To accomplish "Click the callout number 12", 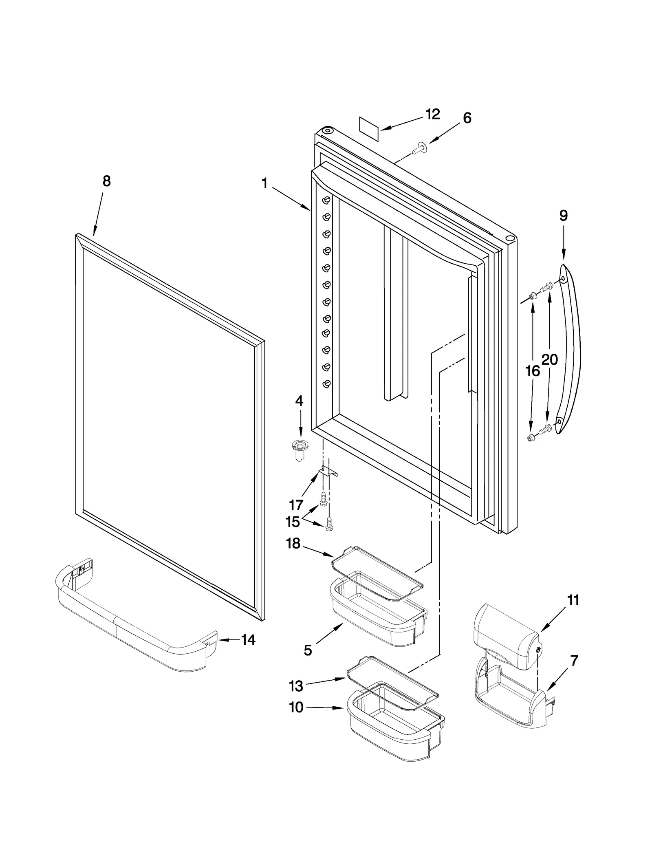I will (x=433, y=115).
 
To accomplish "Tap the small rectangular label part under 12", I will (x=369, y=129).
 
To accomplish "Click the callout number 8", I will (x=106, y=181).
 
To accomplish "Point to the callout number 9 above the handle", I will (x=563, y=215).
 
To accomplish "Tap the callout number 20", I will (x=550, y=359).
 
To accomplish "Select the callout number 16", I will (x=532, y=371).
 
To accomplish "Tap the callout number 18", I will (x=293, y=543).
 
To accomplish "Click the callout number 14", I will (x=248, y=640).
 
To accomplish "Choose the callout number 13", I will (x=296, y=686).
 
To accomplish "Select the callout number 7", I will (x=574, y=661).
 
